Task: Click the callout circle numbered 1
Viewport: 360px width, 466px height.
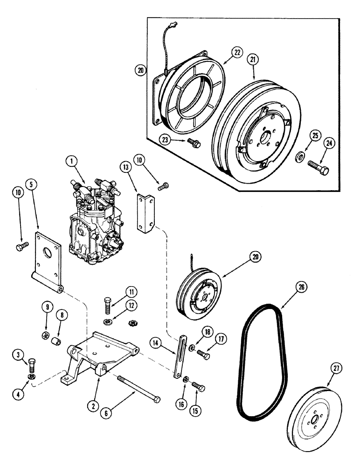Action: point(71,161)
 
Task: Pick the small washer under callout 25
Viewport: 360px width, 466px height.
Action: point(298,155)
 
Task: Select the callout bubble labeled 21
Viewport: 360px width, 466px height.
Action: point(253,59)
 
